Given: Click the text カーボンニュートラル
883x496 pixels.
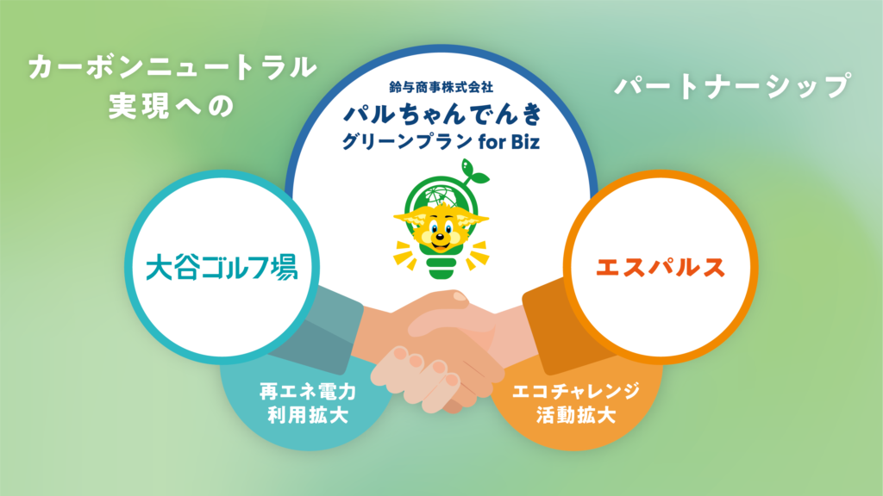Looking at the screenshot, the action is pyautogui.click(x=172, y=68).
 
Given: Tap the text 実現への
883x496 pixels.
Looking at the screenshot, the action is pyautogui.click(x=172, y=106).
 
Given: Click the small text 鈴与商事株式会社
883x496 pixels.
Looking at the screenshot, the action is pyautogui.click(x=441, y=87).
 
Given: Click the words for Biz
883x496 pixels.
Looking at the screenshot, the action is pyautogui.click(x=509, y=141).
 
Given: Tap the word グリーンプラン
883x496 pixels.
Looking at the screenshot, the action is pyautogui.click(x=407, y=141).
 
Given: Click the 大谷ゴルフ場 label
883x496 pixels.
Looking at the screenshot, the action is pyautogui.click(x=222, y=268).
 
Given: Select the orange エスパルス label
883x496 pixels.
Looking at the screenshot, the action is pyautogui.click(x=660, y=268).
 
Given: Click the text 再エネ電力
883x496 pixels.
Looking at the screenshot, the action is pyautogui.click(x=308, y=391).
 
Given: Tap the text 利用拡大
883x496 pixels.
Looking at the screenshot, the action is pyautogui.click(x=308, y=415).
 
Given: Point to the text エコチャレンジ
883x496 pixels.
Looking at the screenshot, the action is pyautogui.click(x=575, y=391).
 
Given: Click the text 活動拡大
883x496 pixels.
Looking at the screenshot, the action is pyautogui.click(x=575, y=415).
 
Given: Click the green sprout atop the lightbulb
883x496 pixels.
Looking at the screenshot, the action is pyautogui.click(x=473, y=172).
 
